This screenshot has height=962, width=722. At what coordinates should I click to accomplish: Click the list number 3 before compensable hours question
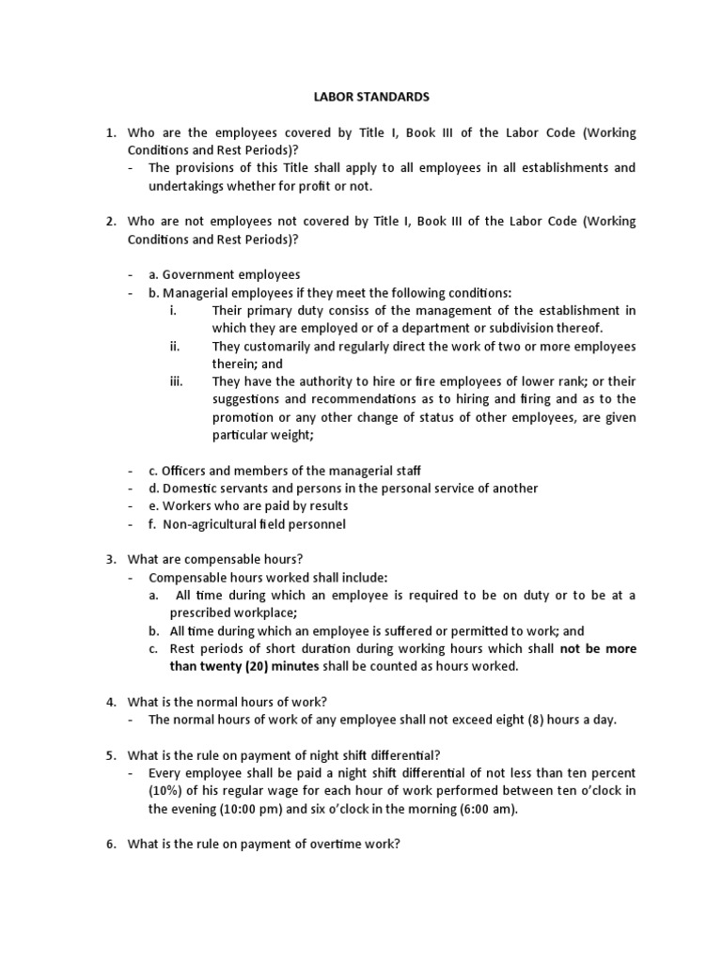110,559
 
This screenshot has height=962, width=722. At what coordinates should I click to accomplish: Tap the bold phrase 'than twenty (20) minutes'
245,666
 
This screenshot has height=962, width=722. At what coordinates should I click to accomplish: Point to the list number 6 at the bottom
110,845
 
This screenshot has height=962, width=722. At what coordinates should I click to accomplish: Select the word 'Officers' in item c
186,470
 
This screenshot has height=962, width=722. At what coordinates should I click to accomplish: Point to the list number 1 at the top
110,132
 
